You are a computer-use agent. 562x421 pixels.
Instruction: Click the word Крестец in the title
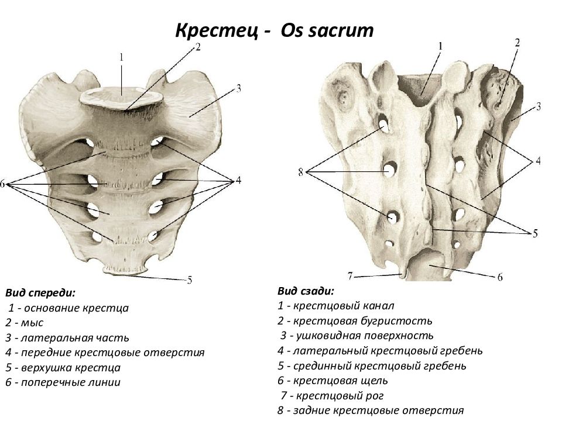[217, 31]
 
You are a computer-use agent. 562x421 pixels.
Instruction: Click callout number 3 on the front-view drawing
[238, 88]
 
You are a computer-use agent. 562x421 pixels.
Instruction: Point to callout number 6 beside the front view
[3, 184]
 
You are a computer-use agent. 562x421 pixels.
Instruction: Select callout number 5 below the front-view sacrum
[190, 279]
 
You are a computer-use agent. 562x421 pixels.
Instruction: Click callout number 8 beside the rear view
[301, 172]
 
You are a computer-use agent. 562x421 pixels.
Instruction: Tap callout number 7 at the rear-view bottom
[350, 276]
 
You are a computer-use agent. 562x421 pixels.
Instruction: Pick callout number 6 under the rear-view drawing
[500, 277]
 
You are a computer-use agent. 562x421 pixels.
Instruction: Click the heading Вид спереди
[40, 293]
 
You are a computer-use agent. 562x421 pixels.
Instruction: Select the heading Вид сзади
[306, 291]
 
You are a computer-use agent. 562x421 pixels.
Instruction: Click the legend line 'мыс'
[25, 323]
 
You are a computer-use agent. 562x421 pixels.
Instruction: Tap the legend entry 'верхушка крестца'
[63, 367]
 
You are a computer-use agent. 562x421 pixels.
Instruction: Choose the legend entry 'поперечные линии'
[63, 382]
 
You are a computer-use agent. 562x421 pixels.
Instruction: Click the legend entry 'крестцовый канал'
[336, 306]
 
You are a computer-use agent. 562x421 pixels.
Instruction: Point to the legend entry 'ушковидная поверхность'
[357, 336]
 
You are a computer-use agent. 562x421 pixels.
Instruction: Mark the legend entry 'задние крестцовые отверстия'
[371, 410]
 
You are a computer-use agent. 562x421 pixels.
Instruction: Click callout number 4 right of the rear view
[538, 161]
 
